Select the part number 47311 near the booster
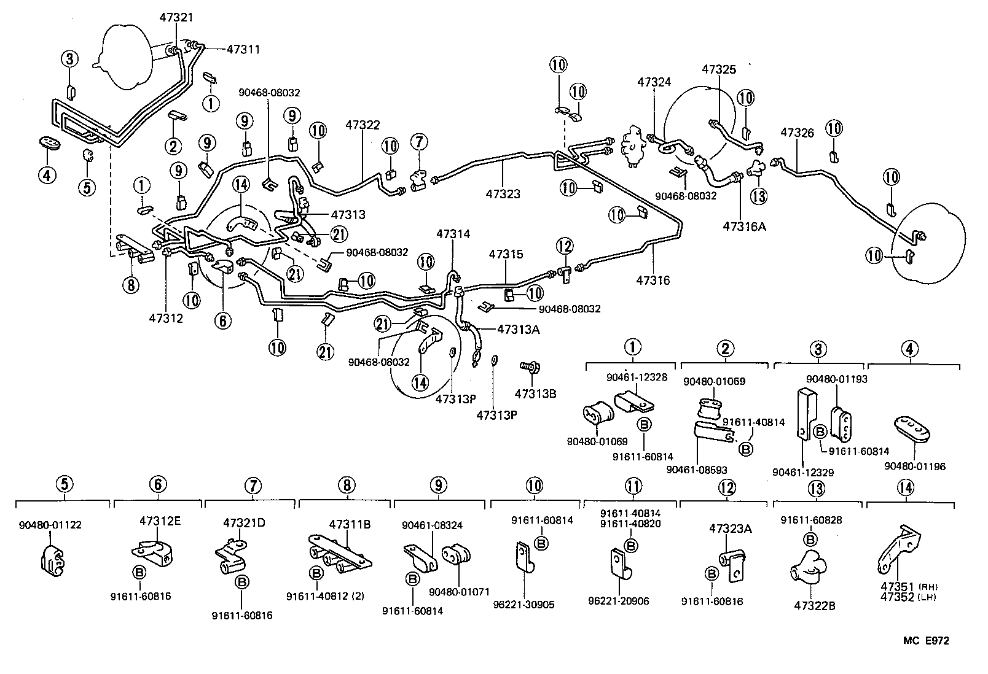coord(243,49)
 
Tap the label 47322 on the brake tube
coord(363,125)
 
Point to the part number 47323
coord(503,194)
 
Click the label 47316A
coord(744,227)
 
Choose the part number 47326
coord(797,132)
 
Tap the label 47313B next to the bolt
coord(535,393)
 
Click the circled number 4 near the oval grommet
coord(47,176)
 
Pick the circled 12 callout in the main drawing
coord(565,247)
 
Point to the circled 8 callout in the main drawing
coord(130,284)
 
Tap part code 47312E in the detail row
coord(160,521)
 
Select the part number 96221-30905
coord(523,605)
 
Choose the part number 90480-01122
coord(50,525)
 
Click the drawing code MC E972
coord(925,641)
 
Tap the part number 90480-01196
coord(914,467)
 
